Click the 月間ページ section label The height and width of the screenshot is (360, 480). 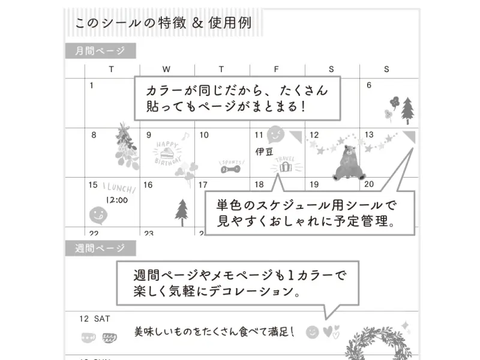100,52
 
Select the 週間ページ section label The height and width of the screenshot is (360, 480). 100,248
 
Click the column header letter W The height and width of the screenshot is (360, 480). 166,69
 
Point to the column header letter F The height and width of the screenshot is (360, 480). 277,69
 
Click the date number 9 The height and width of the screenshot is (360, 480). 149,135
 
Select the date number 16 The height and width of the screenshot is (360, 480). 148,185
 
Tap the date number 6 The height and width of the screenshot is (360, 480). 369,85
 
